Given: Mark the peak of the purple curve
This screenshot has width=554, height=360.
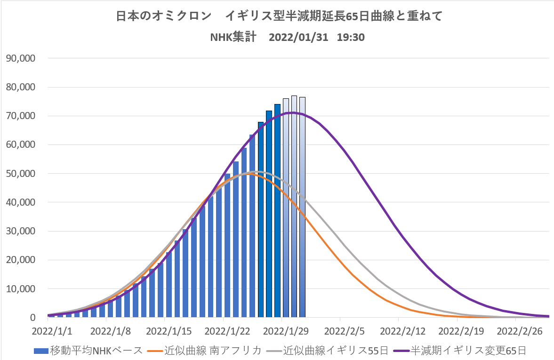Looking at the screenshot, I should pos(293,112).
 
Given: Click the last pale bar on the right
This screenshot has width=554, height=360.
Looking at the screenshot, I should pos(302,207).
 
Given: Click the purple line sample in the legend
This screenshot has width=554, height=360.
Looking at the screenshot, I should pos(401,351).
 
